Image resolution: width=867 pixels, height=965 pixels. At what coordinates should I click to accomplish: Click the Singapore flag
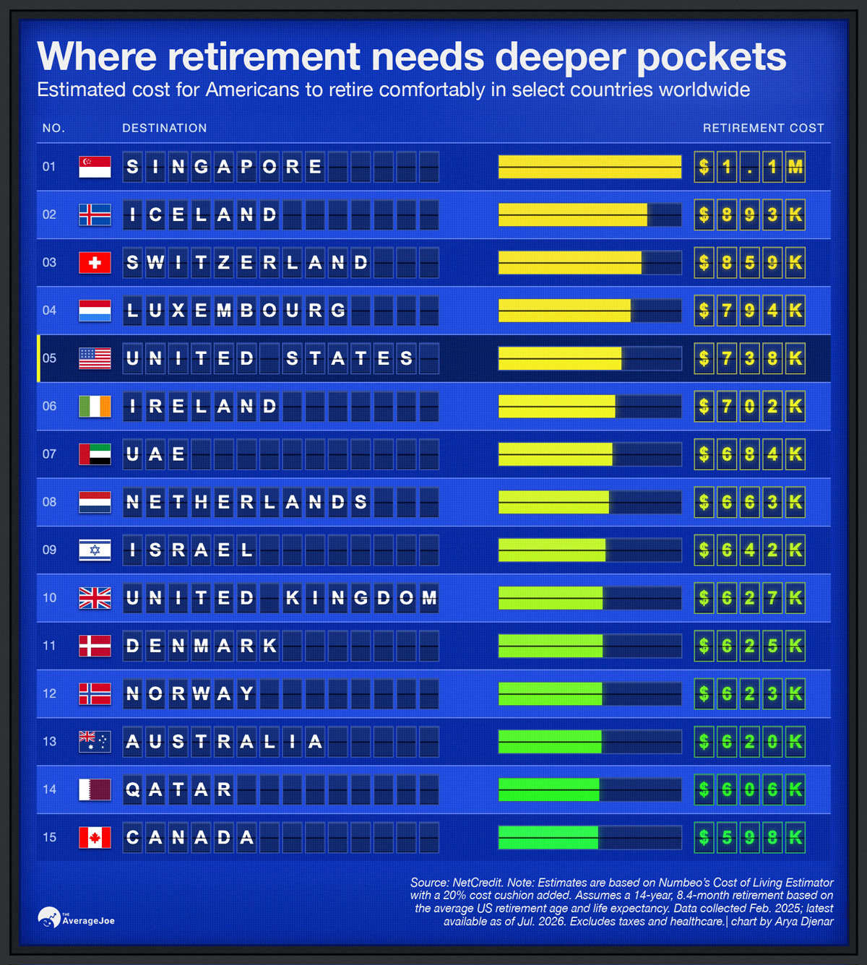95,167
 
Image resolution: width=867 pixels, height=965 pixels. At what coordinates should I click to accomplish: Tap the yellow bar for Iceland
573,215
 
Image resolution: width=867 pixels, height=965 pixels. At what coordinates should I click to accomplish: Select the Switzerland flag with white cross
95,262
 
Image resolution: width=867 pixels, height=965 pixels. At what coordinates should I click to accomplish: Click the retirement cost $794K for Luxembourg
749,311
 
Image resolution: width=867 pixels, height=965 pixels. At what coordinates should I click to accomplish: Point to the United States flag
95,358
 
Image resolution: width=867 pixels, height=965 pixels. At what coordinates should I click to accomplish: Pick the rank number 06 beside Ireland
50,406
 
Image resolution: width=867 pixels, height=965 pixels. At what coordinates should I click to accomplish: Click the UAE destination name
155,454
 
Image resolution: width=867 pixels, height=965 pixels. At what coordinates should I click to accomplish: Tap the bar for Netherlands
553,502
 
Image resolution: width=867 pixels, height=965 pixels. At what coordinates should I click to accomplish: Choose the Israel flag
95,550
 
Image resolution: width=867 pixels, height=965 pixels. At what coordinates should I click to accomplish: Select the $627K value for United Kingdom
749,598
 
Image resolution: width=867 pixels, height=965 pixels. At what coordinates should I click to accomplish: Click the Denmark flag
95,646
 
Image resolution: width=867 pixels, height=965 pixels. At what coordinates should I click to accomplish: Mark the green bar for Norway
551,693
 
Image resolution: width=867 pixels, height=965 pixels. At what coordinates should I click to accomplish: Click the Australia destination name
224,742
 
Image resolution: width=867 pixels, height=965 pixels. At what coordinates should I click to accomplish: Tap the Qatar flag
95,789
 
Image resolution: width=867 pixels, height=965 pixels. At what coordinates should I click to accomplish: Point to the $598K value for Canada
749,837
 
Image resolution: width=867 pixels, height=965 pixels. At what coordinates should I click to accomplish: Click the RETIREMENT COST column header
763,128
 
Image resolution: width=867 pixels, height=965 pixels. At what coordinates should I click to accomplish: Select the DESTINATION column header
164,128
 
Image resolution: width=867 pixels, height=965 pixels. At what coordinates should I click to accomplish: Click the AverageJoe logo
76,917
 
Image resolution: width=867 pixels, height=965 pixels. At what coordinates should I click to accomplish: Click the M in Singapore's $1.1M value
795,167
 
